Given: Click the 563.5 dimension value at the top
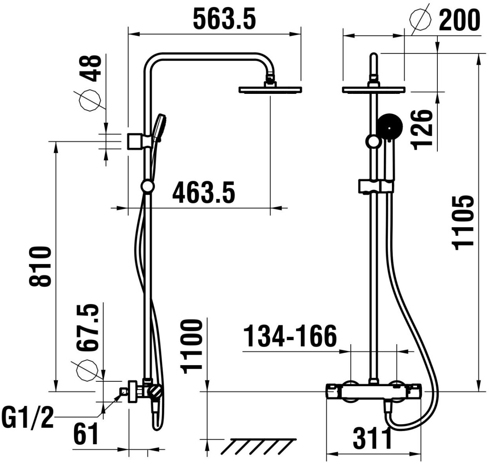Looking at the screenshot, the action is pyautogui.click(x=224, y=18).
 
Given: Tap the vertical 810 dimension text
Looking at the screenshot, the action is pyautogui.click(x=40, y=266).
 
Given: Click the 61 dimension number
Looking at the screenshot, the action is pyautogui.click(x=86, y=434).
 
